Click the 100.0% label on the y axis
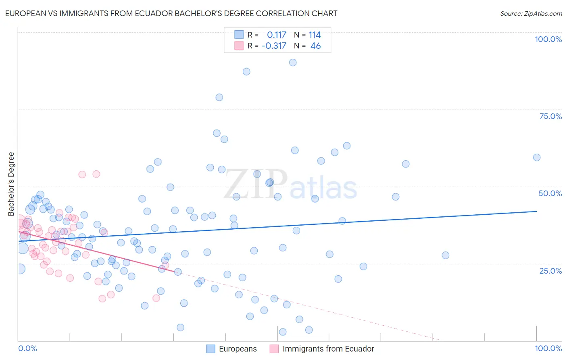pyautogui.click(x=548, y=39)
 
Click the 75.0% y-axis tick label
pyautogui.click(x=550, y=116)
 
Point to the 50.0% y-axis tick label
pyautogui.click(x=550, y=193)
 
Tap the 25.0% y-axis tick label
pyautogui.click(x=550, y=271)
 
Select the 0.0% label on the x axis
pyautogui.click(x=27, y=348)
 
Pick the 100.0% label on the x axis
pyautogui.click(x=548, y=348)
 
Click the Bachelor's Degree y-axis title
pyautogui.click(x=11, y=184)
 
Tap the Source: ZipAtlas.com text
pyautogui.click(x=531, y=13)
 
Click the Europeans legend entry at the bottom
pyautogui.click(x=238, y=349)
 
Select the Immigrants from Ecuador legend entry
pyautogui.click(x=328, y=349)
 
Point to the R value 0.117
pyautogui.click(x=276, y=35)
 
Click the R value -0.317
pyautogui.click(x=274, y=46)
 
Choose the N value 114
pyautogui.click(x=315, y=35)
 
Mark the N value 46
pyautogui.click(x=315, y=46)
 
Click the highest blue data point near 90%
pyautogui.click(x=293, y=63)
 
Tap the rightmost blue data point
pyautogui.click(x=537, y=157)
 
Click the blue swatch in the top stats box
pyautogui.click(x=239, y=35)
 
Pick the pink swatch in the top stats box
pyautogui.click(x=239, y=46)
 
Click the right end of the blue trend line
pyautogui.click(x=536, y=211)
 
